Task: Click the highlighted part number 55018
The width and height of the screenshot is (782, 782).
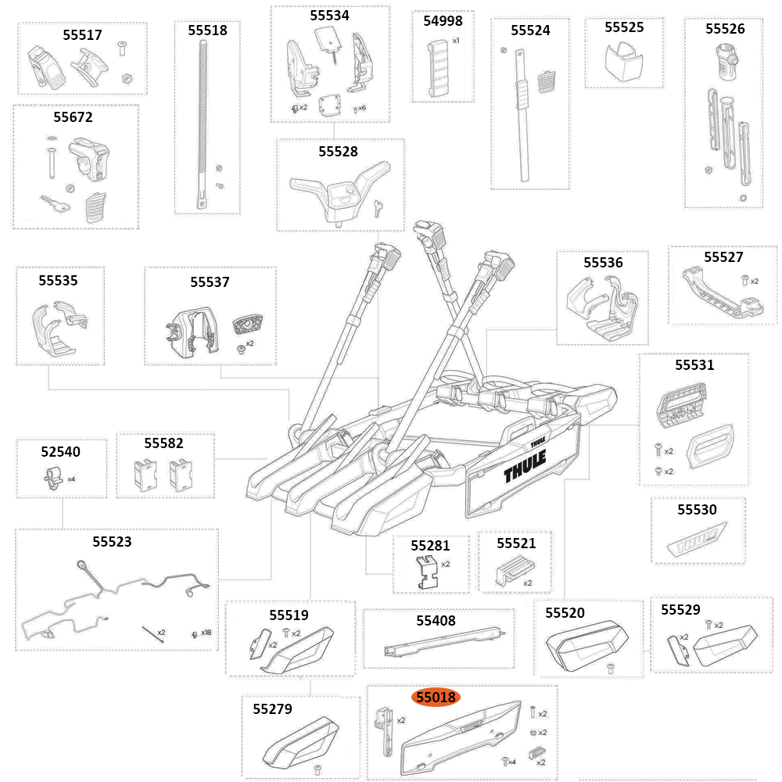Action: click(436, 697)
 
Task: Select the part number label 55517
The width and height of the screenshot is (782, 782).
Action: click(82, 34)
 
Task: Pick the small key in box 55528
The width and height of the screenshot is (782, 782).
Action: click(379, 206)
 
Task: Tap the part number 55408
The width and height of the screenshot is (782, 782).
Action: click(436, 620)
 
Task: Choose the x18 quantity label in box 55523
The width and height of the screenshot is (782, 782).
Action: click(206, 632)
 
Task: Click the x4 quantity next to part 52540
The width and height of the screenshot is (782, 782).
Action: click(71, 479)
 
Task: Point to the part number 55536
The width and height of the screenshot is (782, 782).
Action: click(603, 263)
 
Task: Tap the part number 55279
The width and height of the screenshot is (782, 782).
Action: click(272, 709)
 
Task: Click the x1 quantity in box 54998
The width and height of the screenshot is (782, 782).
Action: click(456, 40)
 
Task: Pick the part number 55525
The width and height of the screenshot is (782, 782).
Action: click(624, 27)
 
